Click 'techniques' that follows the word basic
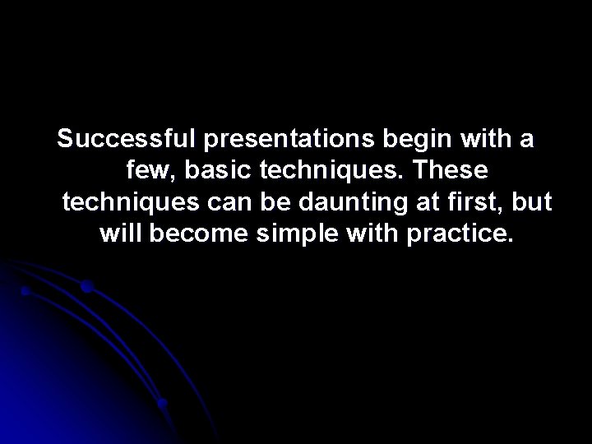(x=334, y=171)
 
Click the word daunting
(x=335, y=202)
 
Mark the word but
(x=532, y=202)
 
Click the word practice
(x=461, y=234)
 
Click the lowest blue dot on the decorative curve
(x=163, y=404)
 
